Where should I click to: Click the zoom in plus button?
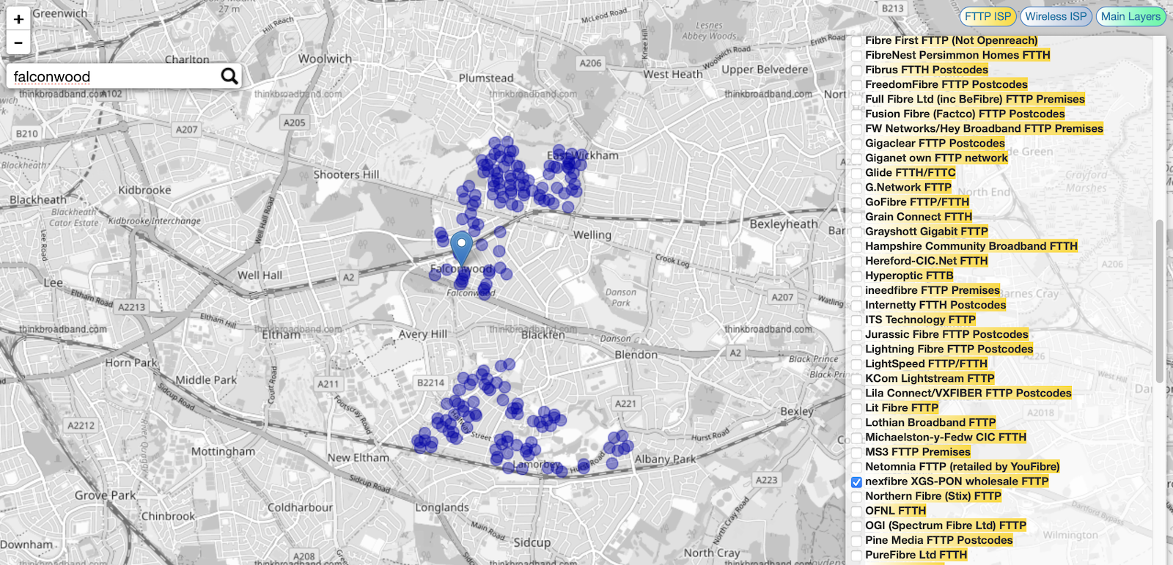pyautogui.click(x=18, y=19)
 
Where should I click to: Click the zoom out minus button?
pyautogui.click(x=18, y=43)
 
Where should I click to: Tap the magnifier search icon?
pyautogui.click(x=229, y=76)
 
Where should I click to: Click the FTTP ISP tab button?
pyautogui.click(x=988, y=16)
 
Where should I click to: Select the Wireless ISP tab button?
pyautogui.click(x=1056, y=16)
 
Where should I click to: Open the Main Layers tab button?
pyautogui.click(x=1130, y=16)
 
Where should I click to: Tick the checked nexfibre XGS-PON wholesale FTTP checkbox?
pyautogui.click(x=856, y=482)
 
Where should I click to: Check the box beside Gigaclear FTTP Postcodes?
pyautogui.click(x=856, y=144)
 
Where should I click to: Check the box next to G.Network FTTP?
pyautogui.click(x=856, y=188)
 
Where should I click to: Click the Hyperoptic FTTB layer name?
pyautogui.click(x=909, y=276)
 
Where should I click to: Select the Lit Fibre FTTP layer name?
pyautogui.click(x=902, y=407)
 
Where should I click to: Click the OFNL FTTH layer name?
pyautogui.click(x=895, y=511)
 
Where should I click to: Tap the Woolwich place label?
pyautogui.click(x=325, y=59)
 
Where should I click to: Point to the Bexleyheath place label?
pyautogui.click(x=783, y=224)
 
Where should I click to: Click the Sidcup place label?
pyautogui.click(x=532, y=542)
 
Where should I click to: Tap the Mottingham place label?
pyautogui.click(x=223, y=451)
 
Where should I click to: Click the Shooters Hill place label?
pyautogui.click(x=346, y=174)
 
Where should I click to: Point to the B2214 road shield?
pyautogui.click(x=430, y=383)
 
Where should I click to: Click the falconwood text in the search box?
pyautogui.click(x=52, y=77)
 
